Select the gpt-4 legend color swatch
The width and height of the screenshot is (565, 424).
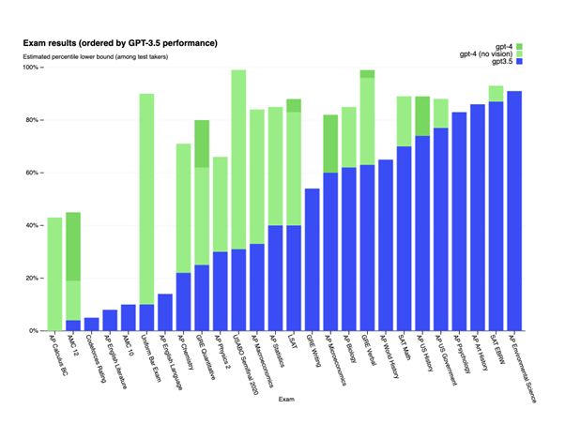(519, 45)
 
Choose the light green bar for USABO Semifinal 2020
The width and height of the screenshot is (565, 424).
(238, 159)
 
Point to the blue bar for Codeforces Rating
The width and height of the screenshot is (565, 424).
(91, 325)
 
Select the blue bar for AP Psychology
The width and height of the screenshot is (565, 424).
(459, 221)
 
